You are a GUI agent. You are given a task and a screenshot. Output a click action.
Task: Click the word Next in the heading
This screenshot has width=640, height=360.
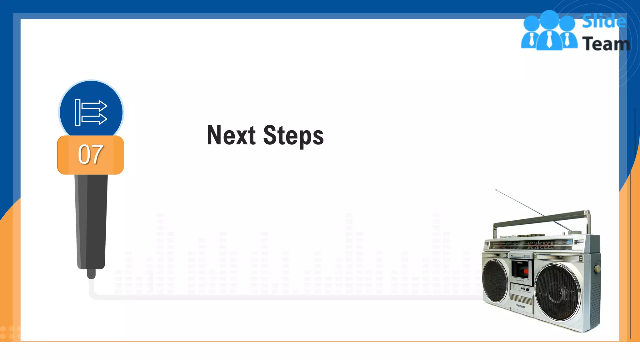tap(231, 135)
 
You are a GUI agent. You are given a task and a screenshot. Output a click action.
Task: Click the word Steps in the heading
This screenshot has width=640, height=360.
tap(293, 136)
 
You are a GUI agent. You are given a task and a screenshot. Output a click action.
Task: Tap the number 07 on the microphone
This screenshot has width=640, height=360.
tap(91, 154)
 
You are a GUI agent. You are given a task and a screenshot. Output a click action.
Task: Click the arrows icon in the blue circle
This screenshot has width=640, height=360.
tap(91, 112)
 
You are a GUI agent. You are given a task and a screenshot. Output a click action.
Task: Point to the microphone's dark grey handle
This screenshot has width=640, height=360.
tap(91, 219)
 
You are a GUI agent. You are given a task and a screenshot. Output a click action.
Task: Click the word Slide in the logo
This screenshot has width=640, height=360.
tap(604, 21)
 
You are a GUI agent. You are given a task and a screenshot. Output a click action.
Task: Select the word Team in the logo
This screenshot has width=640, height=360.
tap(606, 44)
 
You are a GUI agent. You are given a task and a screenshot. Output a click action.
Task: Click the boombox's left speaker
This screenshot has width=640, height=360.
tap(495, 280)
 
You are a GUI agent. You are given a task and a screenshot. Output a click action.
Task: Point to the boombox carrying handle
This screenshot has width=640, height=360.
tap(541, 218)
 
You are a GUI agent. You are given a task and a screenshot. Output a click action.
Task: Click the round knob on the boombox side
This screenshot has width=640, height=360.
tap(597, 268)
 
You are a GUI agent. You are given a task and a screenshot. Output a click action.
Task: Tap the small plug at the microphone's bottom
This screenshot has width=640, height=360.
tap(91, 274)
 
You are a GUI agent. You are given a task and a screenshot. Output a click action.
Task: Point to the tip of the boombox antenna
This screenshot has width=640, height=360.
tap(496, 190)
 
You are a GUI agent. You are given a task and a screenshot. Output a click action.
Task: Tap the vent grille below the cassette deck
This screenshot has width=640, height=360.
tap(521, 299)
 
